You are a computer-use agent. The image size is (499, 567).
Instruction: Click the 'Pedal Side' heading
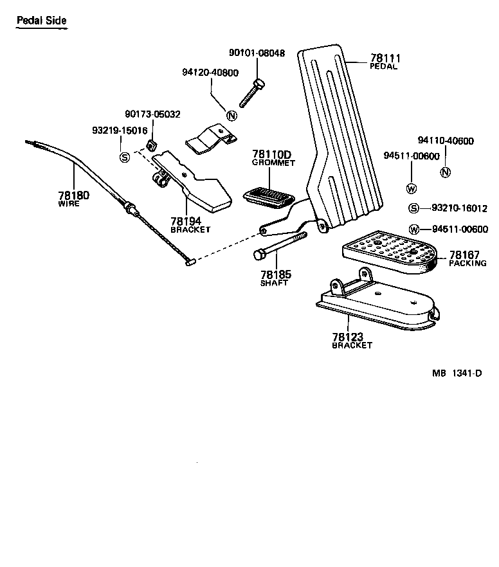click(x=41, y=21)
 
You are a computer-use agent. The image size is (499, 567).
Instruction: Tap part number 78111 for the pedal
click(x=383, y=58)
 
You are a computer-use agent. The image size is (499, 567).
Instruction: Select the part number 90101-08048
click(x=257, y=53)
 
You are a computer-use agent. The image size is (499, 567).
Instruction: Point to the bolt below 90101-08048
click(x=251, y=94)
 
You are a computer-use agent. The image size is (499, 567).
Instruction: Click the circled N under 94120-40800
click(x=232, y=115)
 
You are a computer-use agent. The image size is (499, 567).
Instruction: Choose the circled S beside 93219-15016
click(x=125, y=156)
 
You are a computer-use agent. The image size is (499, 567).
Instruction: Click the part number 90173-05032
click(x=153, y=114)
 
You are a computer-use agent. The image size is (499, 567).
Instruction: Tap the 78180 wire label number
click(x=73, y=195)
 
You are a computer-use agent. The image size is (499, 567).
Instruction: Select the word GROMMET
click(x=273, y=163)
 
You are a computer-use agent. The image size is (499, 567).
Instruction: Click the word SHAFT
click(x=274, y=283)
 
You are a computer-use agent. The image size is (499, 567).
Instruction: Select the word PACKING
click(x=467, y=264)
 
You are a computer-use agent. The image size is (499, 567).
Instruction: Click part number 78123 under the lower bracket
click(x=348, y=337)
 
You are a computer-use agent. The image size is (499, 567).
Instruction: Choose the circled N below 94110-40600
click(x=445, y=172)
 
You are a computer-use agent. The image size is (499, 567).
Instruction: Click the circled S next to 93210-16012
click(x=414, y=208)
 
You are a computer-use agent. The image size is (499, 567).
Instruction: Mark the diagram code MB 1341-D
click(x=457, y=373)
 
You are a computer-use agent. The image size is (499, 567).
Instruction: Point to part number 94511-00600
click(x=412, y=156)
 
